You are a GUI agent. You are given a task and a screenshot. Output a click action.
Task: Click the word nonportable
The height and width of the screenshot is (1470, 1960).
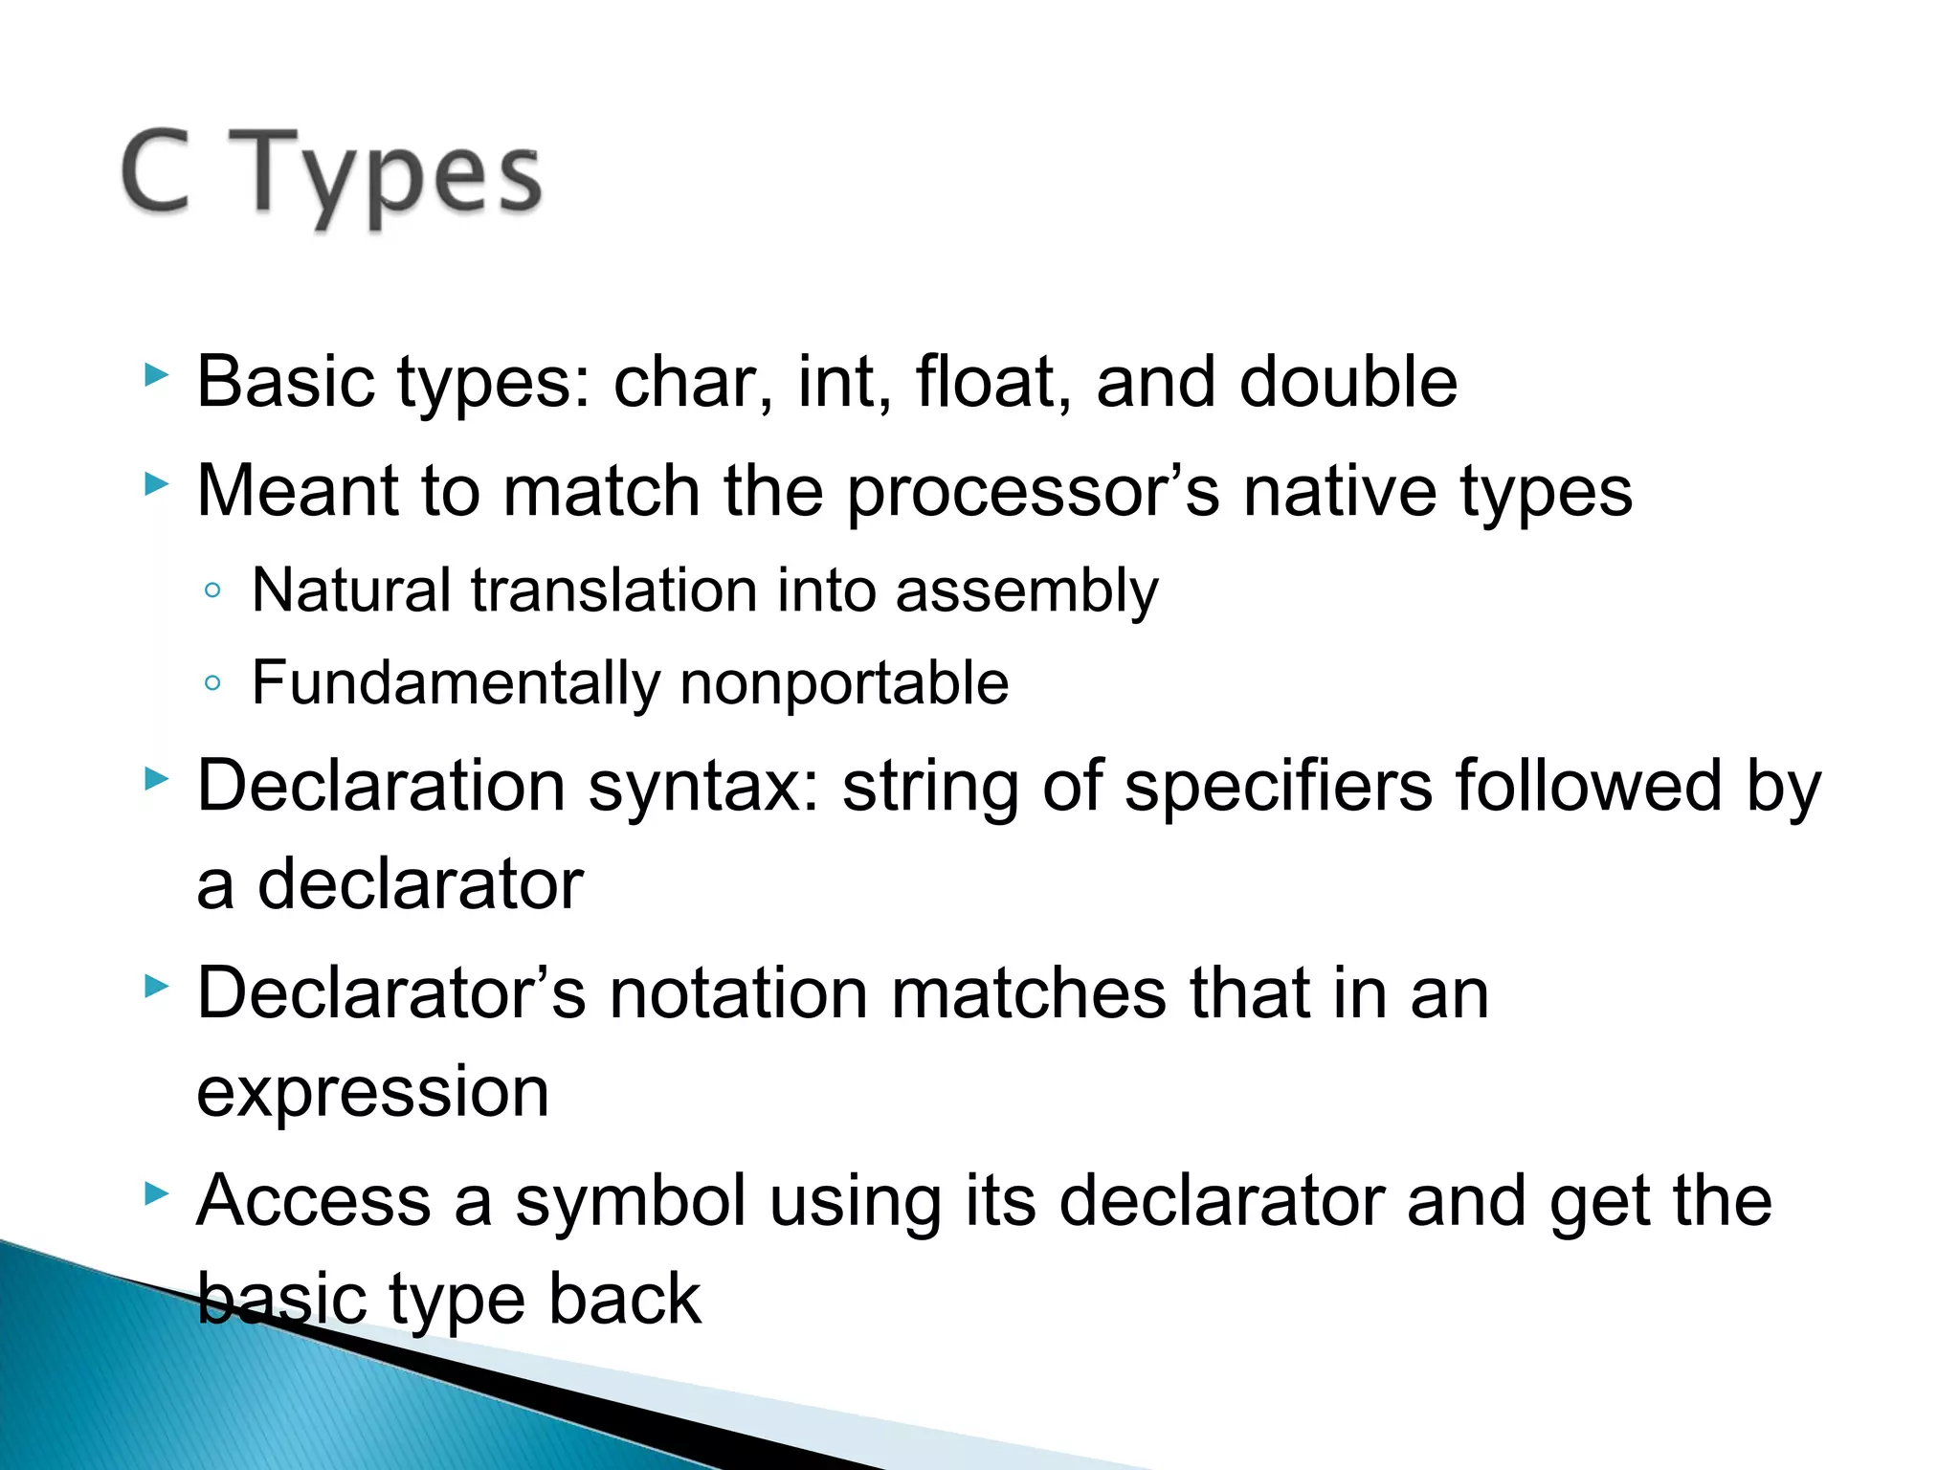pos(844,683)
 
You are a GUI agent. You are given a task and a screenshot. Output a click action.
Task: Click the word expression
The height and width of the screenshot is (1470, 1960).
pos(372,1094)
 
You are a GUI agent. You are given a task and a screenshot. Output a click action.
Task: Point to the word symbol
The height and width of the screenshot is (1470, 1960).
pos(630,1201)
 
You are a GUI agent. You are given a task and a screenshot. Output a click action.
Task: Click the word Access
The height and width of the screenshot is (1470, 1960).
pos(314,1201)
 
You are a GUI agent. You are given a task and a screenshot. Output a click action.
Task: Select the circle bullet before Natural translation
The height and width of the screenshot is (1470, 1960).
pos(212,590)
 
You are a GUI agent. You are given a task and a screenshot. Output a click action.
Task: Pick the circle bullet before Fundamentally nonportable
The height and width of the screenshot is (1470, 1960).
pos(212,683)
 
